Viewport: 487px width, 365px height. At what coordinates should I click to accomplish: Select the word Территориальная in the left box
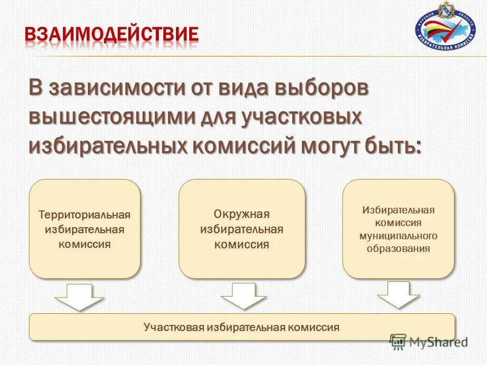pos(85,215)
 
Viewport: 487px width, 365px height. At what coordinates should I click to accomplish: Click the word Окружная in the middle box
pos(241,214)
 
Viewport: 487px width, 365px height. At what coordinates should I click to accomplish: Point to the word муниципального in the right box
pos(398,236)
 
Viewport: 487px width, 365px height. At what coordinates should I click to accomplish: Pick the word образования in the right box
pos(398,248)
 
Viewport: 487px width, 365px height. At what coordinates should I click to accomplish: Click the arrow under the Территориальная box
pos(79,297)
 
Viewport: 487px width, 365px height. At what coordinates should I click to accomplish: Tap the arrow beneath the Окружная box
pos(243,296)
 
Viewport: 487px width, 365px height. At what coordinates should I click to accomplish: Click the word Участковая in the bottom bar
pos(169,327)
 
